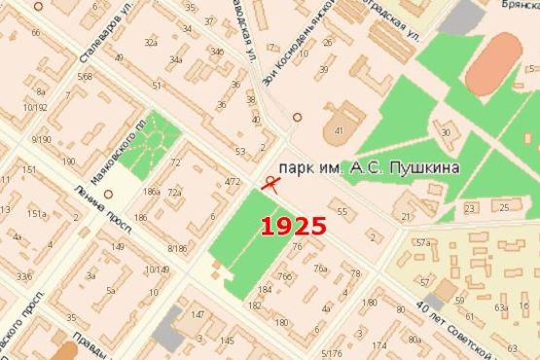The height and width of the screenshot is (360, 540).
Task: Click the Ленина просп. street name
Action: point(93,207)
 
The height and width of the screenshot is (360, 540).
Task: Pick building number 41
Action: point(339,129)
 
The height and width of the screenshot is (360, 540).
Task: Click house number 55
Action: point(342,211)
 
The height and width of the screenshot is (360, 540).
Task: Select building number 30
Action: point(446,132)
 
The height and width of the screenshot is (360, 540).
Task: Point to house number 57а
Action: point(423,242)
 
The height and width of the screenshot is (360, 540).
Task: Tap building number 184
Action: point(264,289)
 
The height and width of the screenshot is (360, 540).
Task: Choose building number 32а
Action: point(150,42)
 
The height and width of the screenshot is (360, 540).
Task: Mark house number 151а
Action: point(36,214)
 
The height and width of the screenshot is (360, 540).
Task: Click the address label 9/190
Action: point(41,140)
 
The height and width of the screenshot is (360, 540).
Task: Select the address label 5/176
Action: point(332,352)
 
